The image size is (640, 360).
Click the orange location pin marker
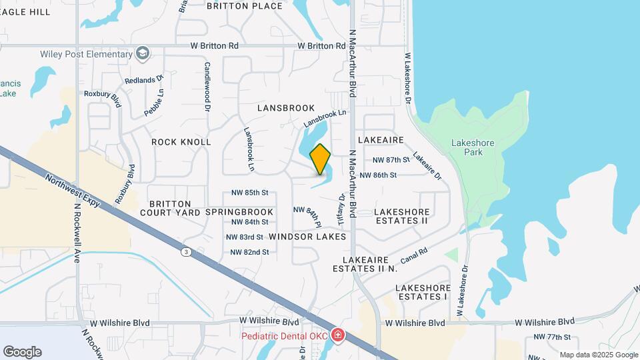click(x=321, y=159)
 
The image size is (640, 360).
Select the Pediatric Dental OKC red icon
click(x=338, y=335)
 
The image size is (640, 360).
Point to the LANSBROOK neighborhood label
click(x=285, y=108)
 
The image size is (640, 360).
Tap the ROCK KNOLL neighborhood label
click(x=181, y=142)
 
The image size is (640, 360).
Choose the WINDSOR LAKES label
click(x=307, y=237)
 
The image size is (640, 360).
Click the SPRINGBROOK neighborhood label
click(x=230, y=212)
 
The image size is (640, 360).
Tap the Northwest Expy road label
click(x=73, y=190)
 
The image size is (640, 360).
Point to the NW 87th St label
click(x=391, y=160)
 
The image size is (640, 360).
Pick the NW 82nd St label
click(x=249, y=252)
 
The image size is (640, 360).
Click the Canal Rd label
click(x=413, y=256)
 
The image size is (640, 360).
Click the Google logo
click(x=22, y=351)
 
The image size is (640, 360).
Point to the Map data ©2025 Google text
click(x=599, y=355)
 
